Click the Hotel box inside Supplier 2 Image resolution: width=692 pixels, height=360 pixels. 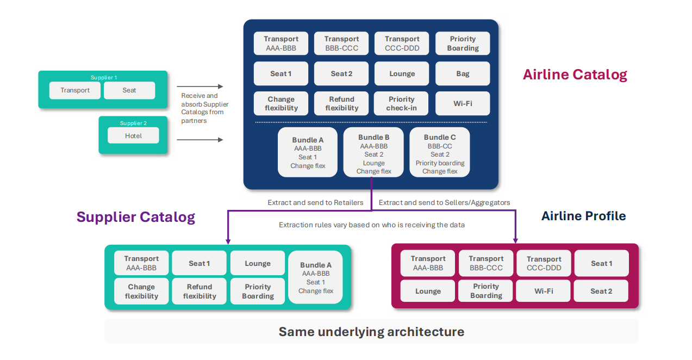[x=133, y=135]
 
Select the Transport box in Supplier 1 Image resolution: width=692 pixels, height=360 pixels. [x=75, y=90]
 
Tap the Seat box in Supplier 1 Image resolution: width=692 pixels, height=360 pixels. [x=129, y=90]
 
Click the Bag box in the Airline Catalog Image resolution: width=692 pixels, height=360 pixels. [x=463, y=73]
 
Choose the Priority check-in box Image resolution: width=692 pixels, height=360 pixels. [x=402, y=103]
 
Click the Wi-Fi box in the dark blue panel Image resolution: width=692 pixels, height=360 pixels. [x=463, y=103]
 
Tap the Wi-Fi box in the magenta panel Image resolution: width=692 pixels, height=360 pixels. [x=543, y=291]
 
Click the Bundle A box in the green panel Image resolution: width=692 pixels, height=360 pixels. [x=316, y=277]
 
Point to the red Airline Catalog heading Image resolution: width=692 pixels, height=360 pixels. [x=575, y=75]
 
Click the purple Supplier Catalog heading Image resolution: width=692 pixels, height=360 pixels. [x=135, y=217]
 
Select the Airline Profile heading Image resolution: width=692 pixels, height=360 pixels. [x=583, y=216]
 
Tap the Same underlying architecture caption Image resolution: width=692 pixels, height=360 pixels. [x=371, y=331]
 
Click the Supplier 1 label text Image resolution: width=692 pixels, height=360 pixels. [x=103, y=77]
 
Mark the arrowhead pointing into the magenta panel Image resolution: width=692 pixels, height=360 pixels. [x=515, y=240]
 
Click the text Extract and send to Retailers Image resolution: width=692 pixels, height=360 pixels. [x=315, y=202]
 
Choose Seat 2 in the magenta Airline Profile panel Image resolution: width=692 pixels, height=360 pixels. [x=601, y=291]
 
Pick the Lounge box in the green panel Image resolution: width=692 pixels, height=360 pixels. [x=258, y=263]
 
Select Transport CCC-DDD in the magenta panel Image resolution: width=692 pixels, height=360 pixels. [x=544, y=263]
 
